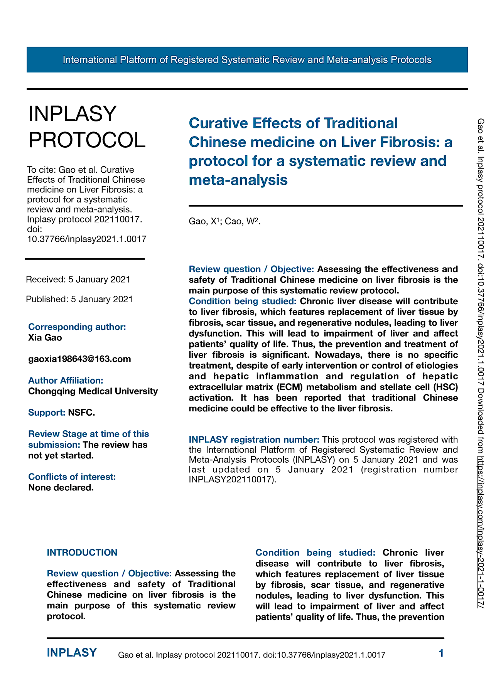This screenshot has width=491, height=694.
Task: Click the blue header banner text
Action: click(x=247, y=60)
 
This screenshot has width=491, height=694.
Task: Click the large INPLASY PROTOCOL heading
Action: click(x=87, y=127)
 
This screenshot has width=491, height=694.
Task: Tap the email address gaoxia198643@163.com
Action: click(x=79, y=359)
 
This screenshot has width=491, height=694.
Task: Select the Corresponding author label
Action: click(x=77, y=327)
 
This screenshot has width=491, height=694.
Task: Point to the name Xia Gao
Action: click(x=45, y=338)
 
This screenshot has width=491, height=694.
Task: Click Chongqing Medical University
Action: click(x=93, y=391)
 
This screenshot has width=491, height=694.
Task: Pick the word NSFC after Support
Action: click(x=81, y=413)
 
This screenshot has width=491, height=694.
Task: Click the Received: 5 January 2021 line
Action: click(x=78, y=280)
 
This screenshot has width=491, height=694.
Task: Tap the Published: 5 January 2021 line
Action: click(x=79, y=299)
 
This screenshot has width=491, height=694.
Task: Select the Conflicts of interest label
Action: click(x=72, y=477)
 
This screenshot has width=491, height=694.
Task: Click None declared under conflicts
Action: click(x=61, y=488)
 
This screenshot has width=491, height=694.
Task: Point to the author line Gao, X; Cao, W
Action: click(x=224, y=221)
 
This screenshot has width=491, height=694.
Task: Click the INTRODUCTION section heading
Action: click(x=82, y=553)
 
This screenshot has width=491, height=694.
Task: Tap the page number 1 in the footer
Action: click(x=441, y=653)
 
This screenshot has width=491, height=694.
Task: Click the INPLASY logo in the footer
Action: click(x=72, y=653)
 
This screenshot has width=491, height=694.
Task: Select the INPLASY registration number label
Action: click(x=254, y=440)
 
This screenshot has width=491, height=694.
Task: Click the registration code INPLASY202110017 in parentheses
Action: click(x=231, y=480)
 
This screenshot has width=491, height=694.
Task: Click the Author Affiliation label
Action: click(x=66, y=381)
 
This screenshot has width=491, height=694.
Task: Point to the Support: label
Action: click(x=47, y=413)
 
